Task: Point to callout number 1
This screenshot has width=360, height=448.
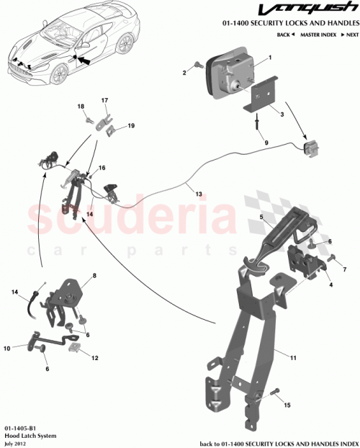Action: [x=270, y=58]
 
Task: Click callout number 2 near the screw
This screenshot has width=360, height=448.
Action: [x=184, y=73]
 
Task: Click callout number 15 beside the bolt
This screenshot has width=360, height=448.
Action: [x=289, y=406]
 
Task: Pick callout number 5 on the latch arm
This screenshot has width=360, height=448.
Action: [x=261, y=216]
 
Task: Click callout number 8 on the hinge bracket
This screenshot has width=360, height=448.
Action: [x=94, y=276]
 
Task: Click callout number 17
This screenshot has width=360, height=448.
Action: [x=104, y=100]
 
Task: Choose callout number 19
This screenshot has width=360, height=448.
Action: [x=131, y=126]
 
